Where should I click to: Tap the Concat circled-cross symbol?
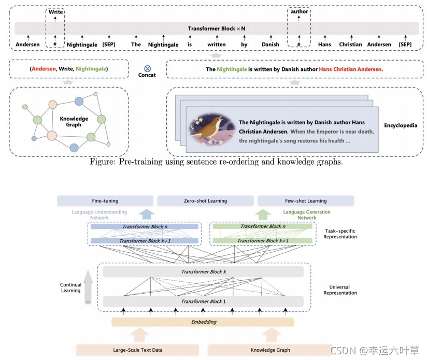tap(147, 68)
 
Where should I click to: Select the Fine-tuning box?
tap(105, 201)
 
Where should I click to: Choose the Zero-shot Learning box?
tap(205, 201)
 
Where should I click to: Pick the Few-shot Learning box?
tap(306, 201)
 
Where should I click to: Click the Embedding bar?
tap(203, 322)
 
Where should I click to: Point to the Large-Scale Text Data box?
tap(137, 350)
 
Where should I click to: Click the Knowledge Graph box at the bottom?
tap(270, 350)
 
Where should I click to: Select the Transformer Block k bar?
tap(203, 271)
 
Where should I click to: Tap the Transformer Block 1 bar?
tap(203, 301)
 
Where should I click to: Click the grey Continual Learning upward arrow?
tap(88, 286)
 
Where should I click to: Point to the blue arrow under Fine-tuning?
tap(147, 214)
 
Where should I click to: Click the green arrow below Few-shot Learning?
tap(263, 214)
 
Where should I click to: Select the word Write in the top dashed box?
tap(55, 12)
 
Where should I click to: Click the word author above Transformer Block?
tap(300, 11)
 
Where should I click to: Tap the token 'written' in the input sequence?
tap(217, 45)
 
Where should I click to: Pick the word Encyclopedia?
tap(401, 125)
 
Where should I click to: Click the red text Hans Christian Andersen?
tap(350, 69)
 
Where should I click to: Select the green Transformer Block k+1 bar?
tap(263, 240)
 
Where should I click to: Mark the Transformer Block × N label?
tap(217, 28)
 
